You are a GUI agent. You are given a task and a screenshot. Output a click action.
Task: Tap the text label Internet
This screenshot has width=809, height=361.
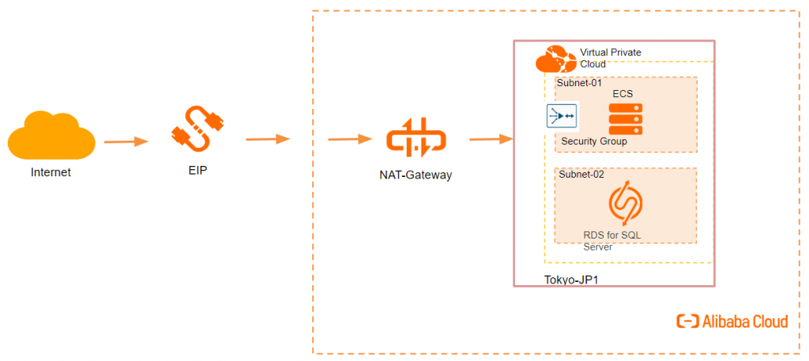click(x=51, y=171)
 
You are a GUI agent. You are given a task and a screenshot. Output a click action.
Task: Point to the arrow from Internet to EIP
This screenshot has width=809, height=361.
click(x=126, y=141)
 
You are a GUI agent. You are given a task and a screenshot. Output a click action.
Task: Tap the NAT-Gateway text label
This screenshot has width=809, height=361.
click(x=415, y=175)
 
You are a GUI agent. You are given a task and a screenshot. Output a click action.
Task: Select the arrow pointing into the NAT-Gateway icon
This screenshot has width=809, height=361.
click(x=350, y=139)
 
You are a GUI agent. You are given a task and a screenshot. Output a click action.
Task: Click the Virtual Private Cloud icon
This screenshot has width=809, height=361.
click(x=555, y=60)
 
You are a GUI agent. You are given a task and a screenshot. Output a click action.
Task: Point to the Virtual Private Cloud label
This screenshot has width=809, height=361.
click(x=610, y=58)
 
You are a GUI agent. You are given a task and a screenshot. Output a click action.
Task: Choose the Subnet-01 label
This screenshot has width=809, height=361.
click(x=580, y=82)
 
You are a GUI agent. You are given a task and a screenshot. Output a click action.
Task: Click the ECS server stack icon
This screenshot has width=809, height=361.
click(x=625, y=119)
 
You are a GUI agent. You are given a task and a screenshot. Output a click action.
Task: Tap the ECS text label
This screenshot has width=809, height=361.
click(x=623, y=94)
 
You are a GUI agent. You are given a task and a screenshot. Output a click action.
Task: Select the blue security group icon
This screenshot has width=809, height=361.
click(x=562, y=116)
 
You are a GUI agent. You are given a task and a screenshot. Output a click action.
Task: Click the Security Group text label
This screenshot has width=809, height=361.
click(x=593, y=141)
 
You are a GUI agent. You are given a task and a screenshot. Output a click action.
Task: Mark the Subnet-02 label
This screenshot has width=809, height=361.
click(x=580, y=174)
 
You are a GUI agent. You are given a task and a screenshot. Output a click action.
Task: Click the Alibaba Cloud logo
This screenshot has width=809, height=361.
click(x=732, y=322)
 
